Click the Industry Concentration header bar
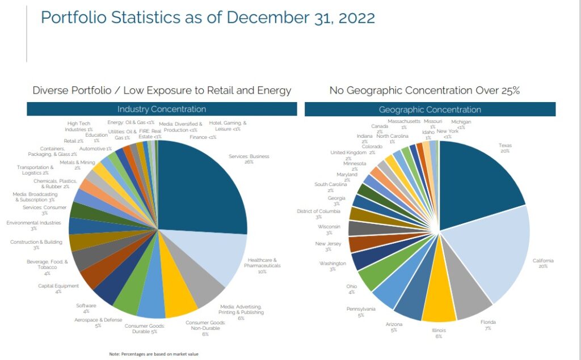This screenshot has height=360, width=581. [x=161, y=109]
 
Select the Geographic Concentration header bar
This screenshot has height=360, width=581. [x=430, y=109]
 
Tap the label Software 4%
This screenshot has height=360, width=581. [x=86, y=308]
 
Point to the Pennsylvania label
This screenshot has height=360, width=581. [x=360, y=311]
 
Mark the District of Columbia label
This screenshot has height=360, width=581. [x=318, y=214]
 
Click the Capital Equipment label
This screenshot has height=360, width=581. [x=58, y=289]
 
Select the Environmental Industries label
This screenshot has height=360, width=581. [x=33, y=226]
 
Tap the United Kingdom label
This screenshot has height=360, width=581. [x=348, y=155]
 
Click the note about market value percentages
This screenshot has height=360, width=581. [x=154, y=354]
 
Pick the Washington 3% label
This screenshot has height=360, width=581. [x=332, y=266]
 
